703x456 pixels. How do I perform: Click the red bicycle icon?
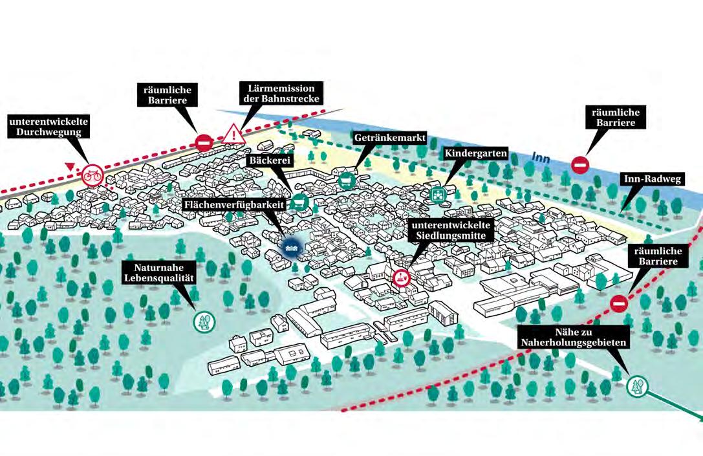point(92,175)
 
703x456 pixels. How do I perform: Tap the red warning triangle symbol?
point(233,135)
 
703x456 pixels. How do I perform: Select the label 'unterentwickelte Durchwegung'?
point(49,127)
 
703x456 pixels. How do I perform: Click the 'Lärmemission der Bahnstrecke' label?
point(281,93)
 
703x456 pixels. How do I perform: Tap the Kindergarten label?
point(475,153)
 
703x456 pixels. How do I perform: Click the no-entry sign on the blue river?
point(580,165)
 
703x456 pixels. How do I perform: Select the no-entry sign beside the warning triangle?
point(204,142)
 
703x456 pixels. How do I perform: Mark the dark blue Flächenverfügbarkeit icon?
point(291,245)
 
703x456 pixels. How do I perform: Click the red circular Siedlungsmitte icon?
point(402,278)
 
